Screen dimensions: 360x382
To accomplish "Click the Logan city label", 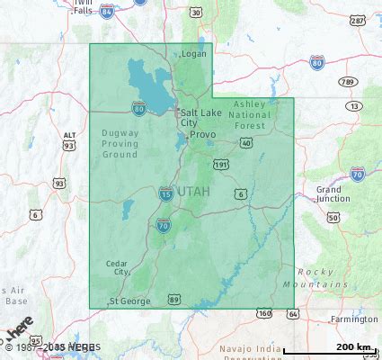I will tap(194, 53).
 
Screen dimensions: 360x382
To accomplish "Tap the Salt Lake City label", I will tap(200, 117).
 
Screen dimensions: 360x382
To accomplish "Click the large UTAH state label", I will tap(193, 192).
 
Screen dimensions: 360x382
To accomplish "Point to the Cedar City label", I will tap(118, 266).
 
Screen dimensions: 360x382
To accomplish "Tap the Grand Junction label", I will tap(333, 193).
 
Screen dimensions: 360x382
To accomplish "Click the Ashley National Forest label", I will tap(250, 114).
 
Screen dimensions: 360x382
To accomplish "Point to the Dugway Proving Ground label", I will tap(120, 142).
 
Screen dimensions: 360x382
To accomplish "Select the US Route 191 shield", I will tap(221, 164).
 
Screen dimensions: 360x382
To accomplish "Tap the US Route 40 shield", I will tap(245, 142).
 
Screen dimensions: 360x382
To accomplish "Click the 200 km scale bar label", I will tap(355, 346).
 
